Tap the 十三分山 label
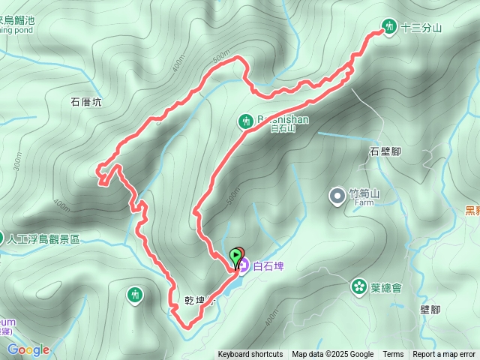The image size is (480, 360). coord(421,28)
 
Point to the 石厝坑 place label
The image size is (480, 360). coord(86,103)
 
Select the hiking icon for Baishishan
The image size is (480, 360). coord(245,120)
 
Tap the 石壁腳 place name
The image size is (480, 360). coord(385,151)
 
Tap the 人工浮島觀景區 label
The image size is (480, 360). coord(43,239)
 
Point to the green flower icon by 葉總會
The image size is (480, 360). coord(359,286)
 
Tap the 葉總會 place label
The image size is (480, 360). coord(386,287)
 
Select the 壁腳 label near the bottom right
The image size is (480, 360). coord(430,309)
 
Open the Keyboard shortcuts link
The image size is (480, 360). coord(250,355)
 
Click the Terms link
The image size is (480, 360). coord(393,355)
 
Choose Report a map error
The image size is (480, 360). coord(444,355)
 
